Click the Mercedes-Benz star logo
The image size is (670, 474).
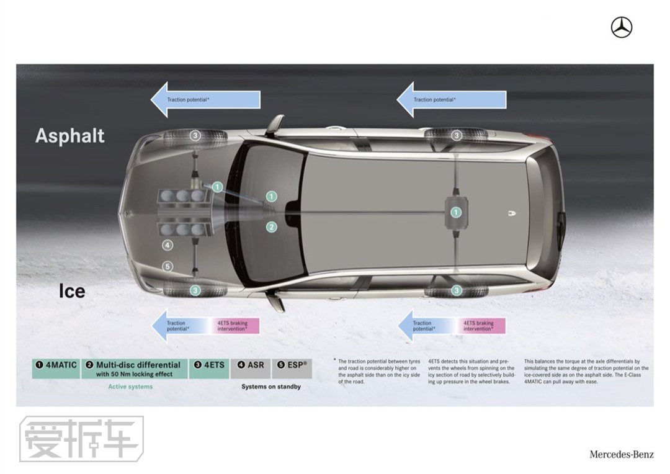coord(621,27)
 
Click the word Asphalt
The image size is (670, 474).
coord(70,136)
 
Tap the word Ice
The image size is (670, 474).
coord(72,290)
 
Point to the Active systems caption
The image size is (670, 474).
coord(130,387)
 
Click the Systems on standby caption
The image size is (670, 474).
coord(271,387)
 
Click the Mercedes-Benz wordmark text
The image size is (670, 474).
coord(621,455)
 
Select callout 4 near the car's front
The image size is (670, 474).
coord(167,245)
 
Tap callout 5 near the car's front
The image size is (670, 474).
coord(167,267)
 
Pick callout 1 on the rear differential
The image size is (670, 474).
coord(456,212)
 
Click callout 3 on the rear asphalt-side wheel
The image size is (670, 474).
coord(457,135)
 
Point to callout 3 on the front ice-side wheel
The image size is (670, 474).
coord(195,290)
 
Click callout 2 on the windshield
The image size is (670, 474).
coord(271,227)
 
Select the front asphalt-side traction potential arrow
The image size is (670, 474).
coord(205,99)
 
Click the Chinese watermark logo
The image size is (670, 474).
coord(81,439)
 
